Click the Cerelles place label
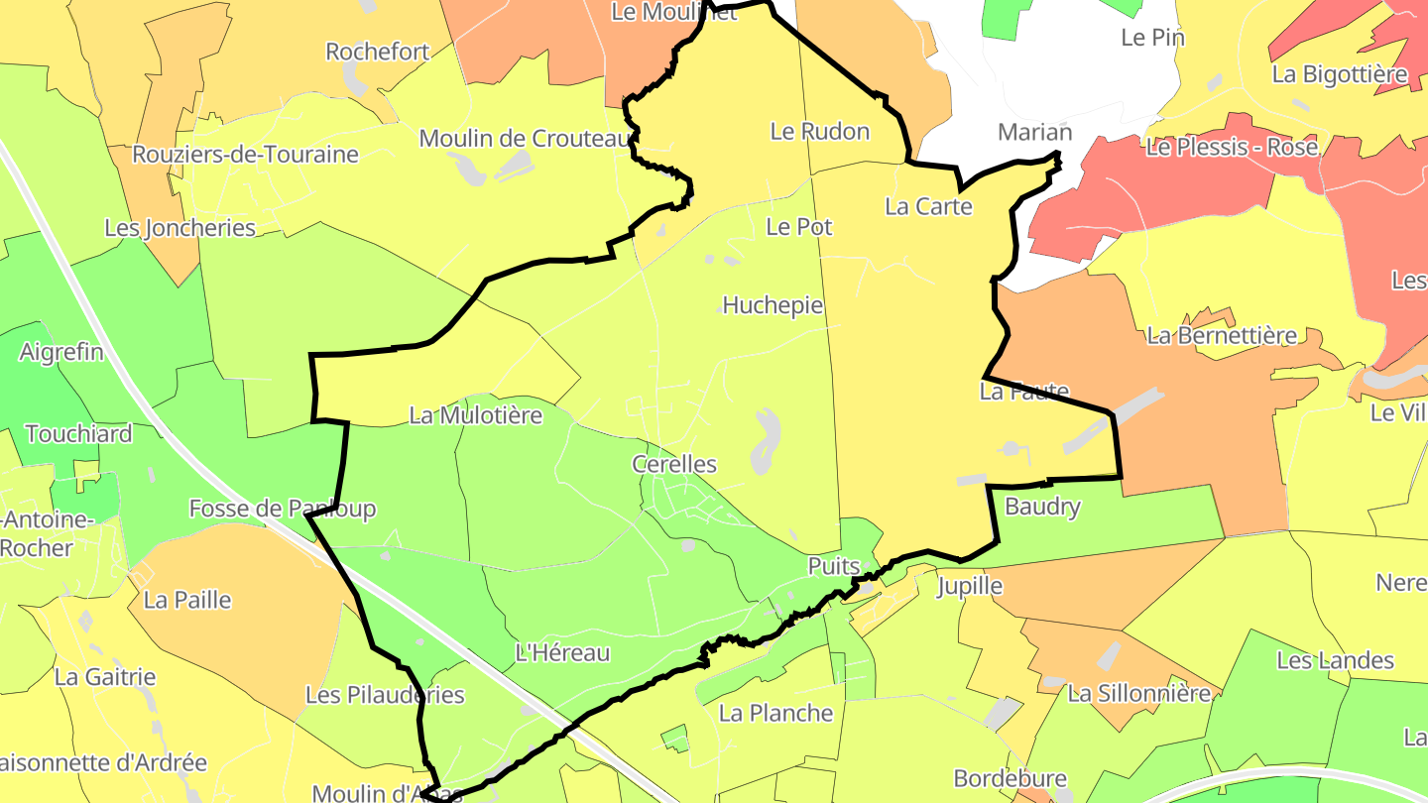[674, 464]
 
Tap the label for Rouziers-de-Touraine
[245, 155]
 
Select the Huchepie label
[773, 305]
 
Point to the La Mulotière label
[476, 415]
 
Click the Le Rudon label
[820, 131]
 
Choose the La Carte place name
[929, 206]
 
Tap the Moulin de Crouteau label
[526, 138]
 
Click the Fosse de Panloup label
[283, 509]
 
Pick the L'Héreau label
[563, 652]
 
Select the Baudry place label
[1042, 507]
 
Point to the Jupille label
[970, 586]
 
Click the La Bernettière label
[1222, 335]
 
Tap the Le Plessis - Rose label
[1232, 147]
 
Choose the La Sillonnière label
[1139, 693]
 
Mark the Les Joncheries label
[180, 228]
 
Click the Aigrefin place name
[61, 352]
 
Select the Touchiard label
[78, 433]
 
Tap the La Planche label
[776, 713]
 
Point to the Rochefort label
[378, 52]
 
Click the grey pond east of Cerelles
[765, 441]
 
